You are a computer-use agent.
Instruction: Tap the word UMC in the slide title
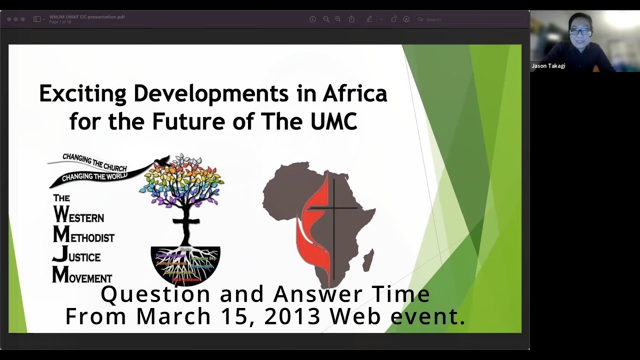click(x=331, y=121)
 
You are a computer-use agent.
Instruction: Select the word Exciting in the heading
click(x=82, y=94)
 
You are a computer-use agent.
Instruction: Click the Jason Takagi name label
click(x=548, y=66)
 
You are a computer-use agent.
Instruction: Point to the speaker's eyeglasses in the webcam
click(x=579, y=31)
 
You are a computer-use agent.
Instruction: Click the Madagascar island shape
click(x=368, y=260)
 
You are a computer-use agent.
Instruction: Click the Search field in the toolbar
click(x=470, y=19)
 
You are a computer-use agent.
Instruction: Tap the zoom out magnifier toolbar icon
click(x=326, y=19)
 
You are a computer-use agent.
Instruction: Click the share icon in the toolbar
click(x=351, y=19)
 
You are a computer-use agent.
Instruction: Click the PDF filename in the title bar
click(x=87, y=17)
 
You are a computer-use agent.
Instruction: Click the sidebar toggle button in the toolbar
click(x=37, y=19)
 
